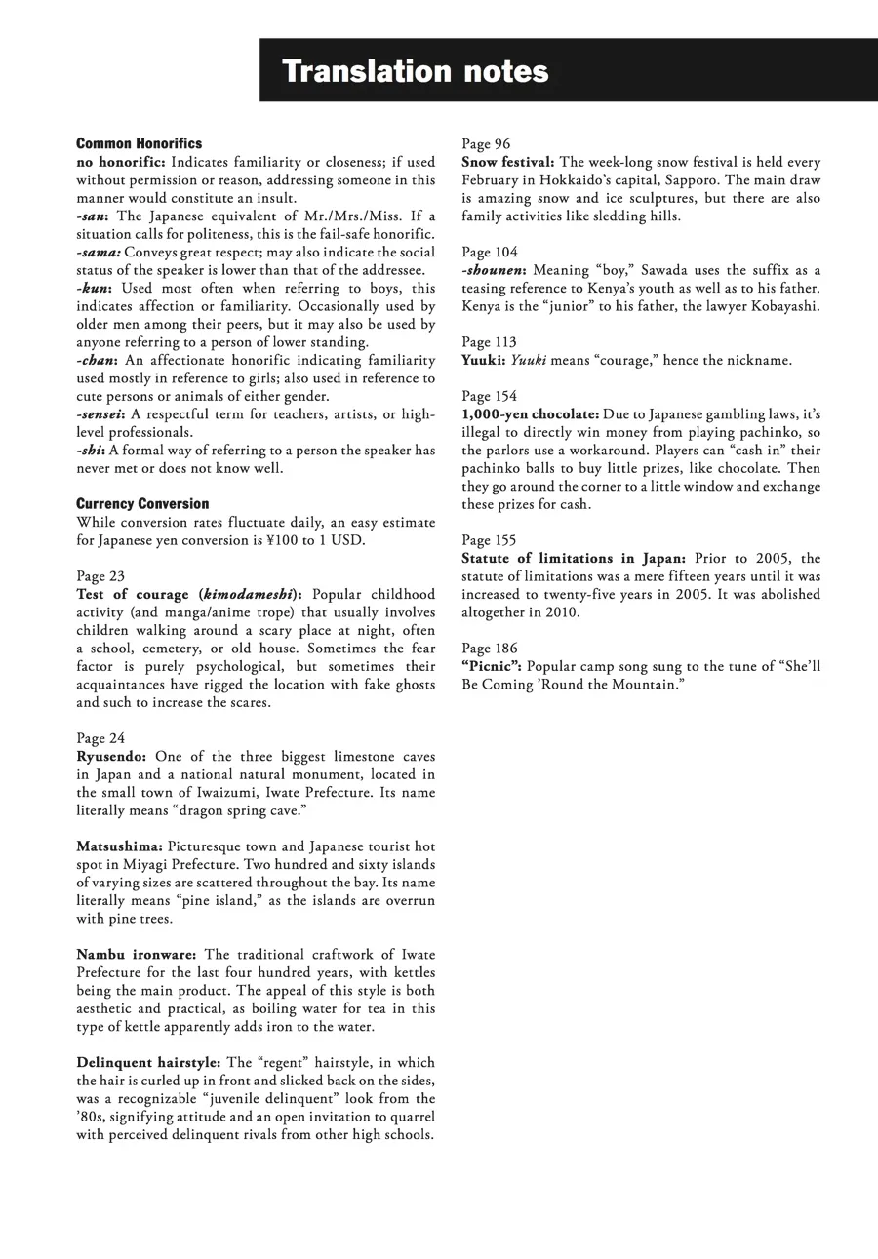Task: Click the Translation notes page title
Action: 415,71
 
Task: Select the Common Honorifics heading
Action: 139,143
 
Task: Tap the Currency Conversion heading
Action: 142,503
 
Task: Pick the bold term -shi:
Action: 91,450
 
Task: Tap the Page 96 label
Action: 486,144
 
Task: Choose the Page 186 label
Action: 490,649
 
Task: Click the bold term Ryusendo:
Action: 112,757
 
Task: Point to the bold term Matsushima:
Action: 120,846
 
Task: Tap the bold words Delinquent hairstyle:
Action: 148,1062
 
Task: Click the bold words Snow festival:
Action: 508,162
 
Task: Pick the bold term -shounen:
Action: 495,270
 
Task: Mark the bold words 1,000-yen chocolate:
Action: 531,414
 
